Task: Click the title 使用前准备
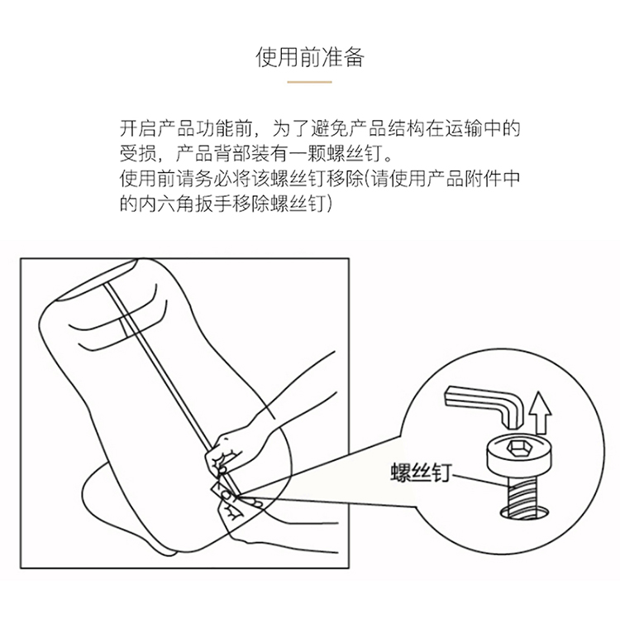310,57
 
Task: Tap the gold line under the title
310,82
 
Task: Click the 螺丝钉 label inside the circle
421,473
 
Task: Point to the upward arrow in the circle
541,413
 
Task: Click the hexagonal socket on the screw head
516,446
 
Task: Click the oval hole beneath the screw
524,514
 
